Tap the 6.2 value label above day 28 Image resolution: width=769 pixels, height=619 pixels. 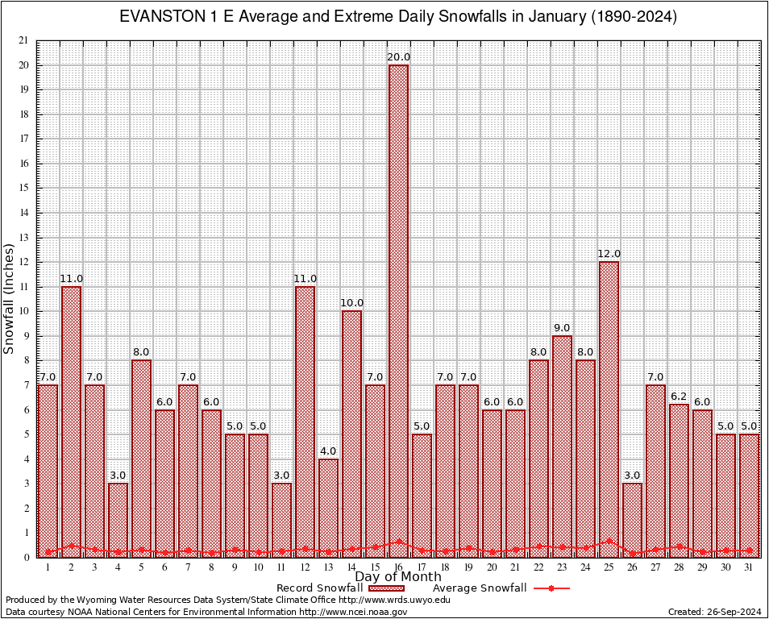(x=679, y=397)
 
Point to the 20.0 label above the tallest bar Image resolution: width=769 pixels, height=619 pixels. (x=398, y=57)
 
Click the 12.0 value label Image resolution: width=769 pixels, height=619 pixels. (x=609, y=254)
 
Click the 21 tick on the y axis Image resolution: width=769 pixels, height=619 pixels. (x=23, y=40)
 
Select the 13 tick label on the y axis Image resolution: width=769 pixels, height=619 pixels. (x=23, y=238)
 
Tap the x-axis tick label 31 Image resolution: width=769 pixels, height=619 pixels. (x=749, y=567)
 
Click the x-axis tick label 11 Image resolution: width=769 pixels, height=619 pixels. (x=281, y=567)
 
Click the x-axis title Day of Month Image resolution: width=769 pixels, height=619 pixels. (x=398, y=577)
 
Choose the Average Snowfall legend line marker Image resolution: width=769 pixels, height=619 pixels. (x=551, y=588)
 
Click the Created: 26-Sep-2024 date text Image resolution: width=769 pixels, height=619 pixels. (x=714, y=612)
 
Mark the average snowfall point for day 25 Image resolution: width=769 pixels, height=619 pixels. (x=609, y=541)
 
